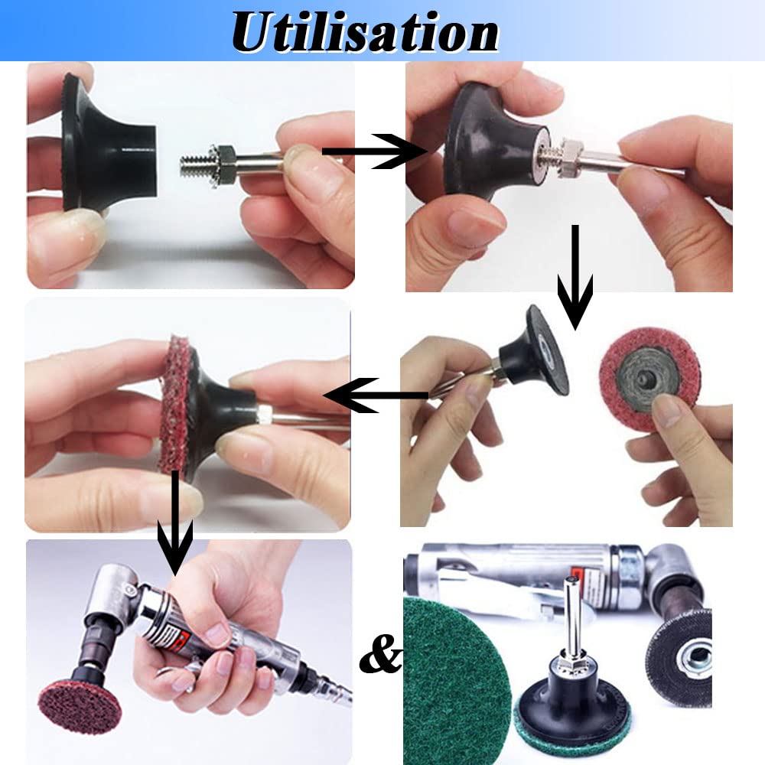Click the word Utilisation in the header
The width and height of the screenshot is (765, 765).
coord(365,31)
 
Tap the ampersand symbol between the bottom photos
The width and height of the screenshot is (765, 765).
coord(380,653)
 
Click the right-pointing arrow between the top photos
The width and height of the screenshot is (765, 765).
coord(374,151)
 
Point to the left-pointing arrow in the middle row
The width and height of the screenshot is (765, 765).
coord(376,396)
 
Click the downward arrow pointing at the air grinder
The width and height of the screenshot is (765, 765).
coord(175,524)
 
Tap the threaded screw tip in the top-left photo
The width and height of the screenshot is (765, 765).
coord(193,165)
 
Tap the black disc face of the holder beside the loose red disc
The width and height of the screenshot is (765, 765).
coord(549,350)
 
